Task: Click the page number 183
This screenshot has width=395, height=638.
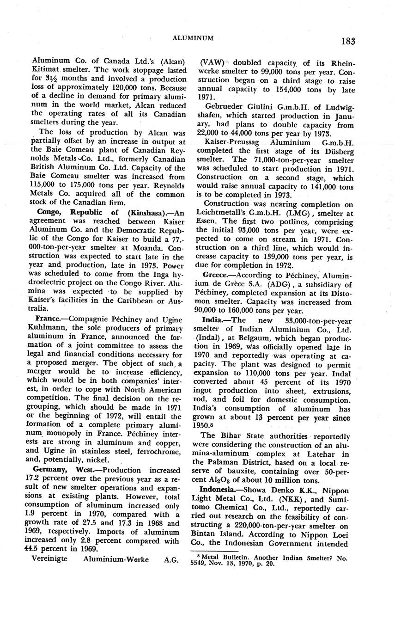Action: [x=348, y=41]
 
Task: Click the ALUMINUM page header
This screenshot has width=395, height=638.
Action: [x=193, y=38]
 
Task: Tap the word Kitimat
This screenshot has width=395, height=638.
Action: [x=48, y=71]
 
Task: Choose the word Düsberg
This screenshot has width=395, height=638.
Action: [x=337, y=151]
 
